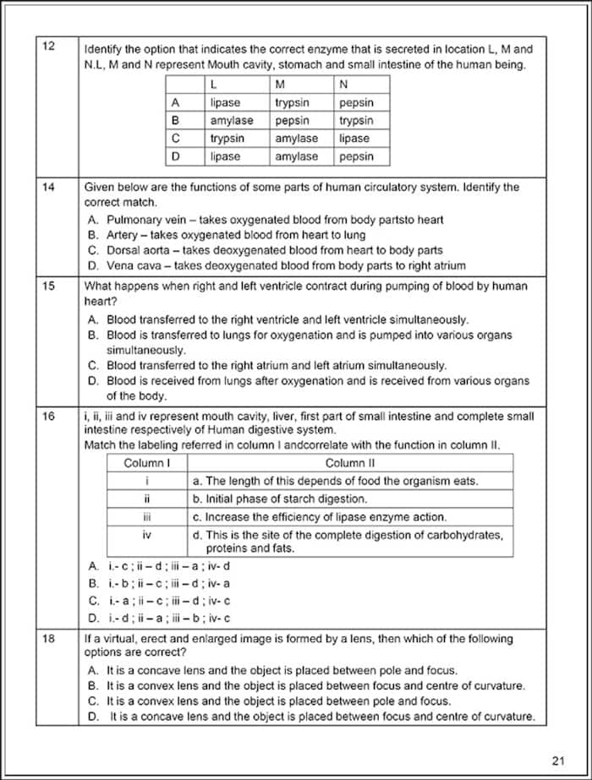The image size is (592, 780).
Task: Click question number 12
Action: point(48,46)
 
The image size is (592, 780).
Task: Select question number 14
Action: point(48,188)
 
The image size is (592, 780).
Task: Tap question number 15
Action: point(48,286)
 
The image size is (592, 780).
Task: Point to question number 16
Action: point(48,417)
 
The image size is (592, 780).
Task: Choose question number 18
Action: point(48,640)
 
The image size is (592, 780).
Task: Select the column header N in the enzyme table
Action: point(343,85)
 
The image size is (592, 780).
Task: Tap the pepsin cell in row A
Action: point(356,103)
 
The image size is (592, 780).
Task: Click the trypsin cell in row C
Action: point(227,139)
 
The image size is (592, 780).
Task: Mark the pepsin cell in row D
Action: point(356,156)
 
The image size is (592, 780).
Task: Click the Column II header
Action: point(350,463)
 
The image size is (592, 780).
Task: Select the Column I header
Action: point(147,463)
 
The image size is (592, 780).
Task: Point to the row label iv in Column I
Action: point(147,535)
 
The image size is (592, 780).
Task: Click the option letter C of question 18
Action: point(93,701)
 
